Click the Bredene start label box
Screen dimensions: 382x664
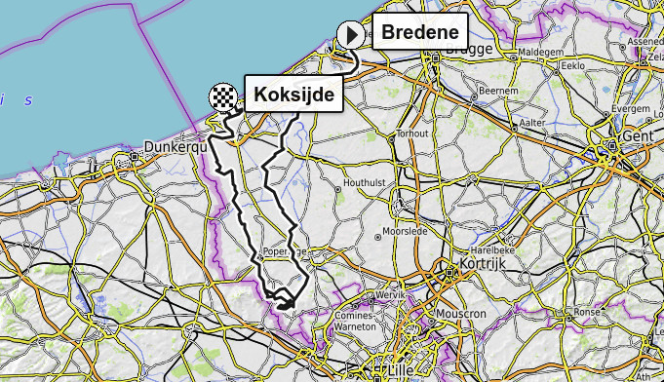(419, 33)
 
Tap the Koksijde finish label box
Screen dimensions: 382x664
(293, 95)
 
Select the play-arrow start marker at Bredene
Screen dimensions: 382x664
(350, 35)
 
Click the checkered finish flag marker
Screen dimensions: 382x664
(223, 96)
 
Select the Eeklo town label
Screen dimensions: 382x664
(573, 65)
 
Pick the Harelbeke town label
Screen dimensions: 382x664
(502, 250)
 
